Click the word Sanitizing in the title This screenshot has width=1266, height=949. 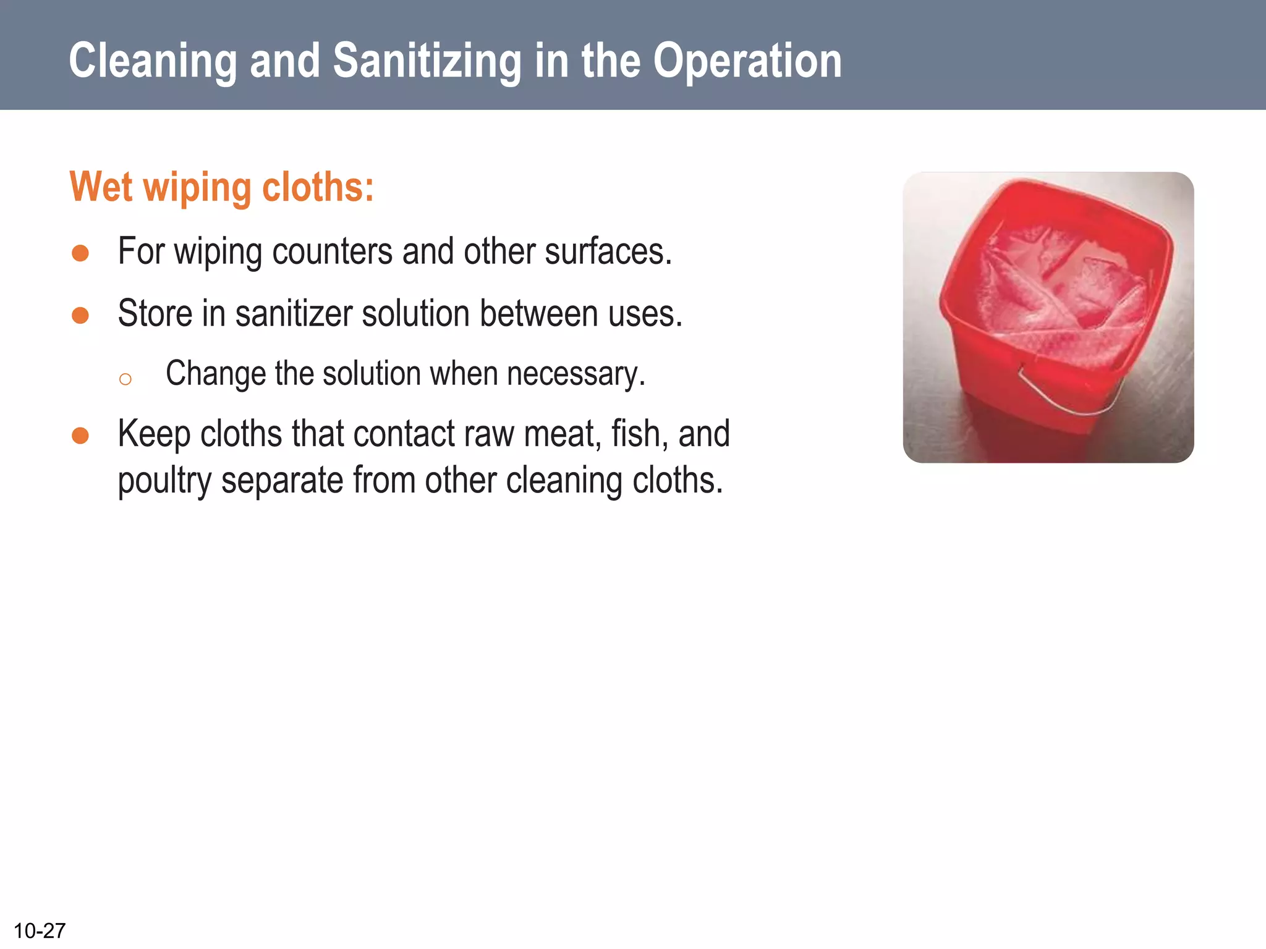[x=427, y=61]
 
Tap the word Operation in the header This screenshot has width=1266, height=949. [x=747, y=61]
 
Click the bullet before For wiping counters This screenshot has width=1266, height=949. [x=80, y=253]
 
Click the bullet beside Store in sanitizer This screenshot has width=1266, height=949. [x=80, y=315]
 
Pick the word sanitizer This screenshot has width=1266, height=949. [x=294, y=313]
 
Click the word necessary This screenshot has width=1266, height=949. [x=576, y=374]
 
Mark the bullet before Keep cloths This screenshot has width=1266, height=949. [x=80, y=436]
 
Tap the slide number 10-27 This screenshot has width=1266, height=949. [x=40, y=930]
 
